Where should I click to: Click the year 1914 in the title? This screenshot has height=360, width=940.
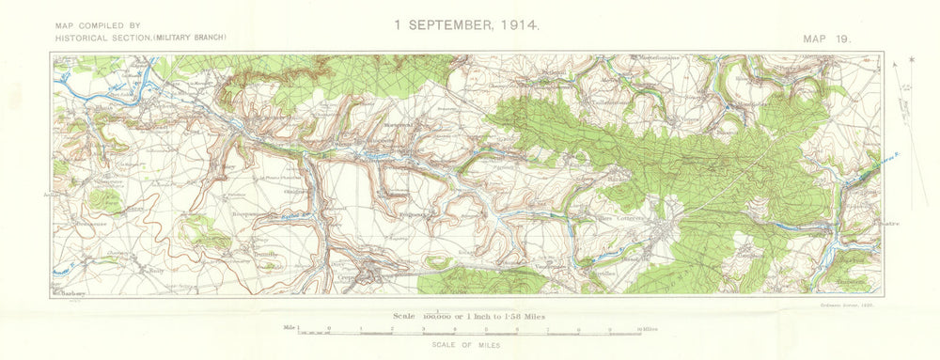click(x=520, y=23)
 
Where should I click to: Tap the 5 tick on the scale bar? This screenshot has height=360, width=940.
click(x=485, y=329)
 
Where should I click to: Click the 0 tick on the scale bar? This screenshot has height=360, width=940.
click(x=329, y=329)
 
